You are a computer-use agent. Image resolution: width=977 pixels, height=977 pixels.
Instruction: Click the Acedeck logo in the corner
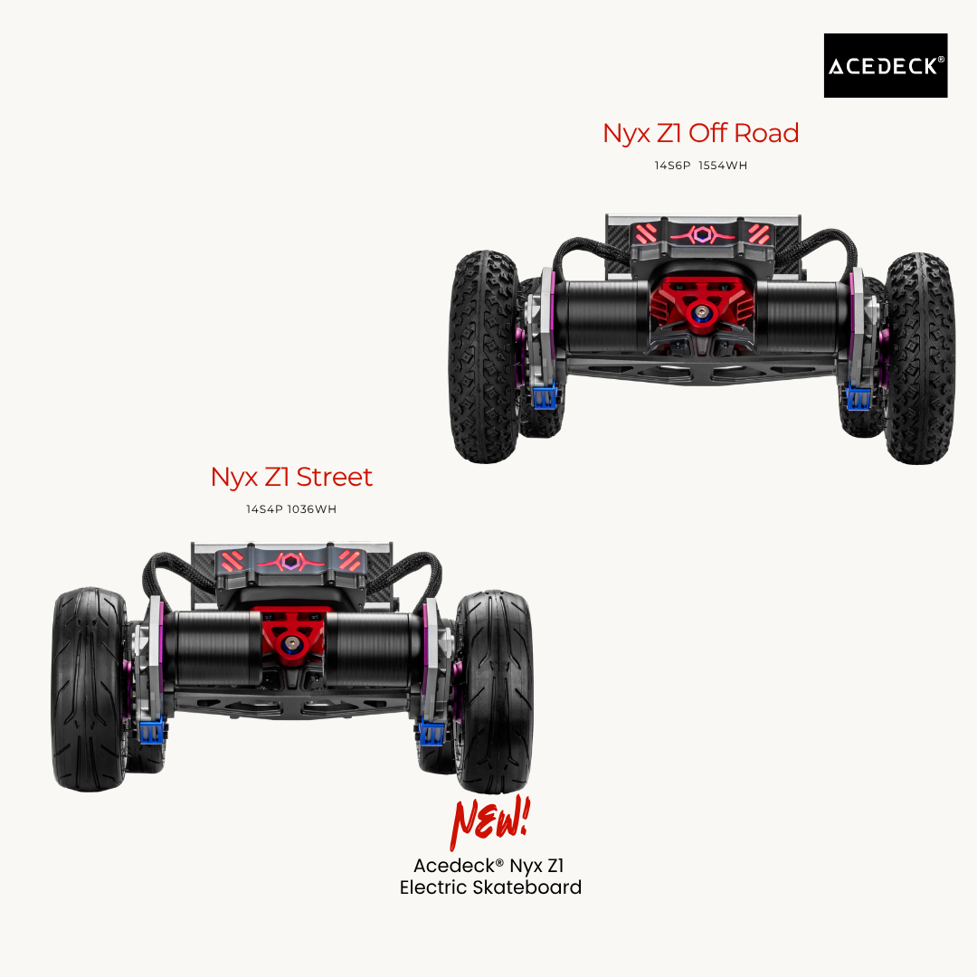coord(885,65)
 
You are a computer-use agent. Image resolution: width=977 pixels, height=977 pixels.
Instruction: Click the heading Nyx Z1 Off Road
coord(700,133)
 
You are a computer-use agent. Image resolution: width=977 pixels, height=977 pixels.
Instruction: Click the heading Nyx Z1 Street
coord(291,477)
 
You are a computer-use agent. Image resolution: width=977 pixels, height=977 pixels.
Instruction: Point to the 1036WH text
coord(312,509)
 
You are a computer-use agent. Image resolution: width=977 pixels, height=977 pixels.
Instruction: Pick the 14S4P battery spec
coord(264,509)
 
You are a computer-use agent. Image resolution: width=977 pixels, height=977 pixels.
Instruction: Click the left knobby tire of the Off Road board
coord(483,357)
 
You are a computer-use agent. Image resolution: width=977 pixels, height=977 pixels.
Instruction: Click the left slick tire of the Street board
coord(88,688)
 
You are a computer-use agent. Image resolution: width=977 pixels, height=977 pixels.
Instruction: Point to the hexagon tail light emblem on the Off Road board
coord(700,235)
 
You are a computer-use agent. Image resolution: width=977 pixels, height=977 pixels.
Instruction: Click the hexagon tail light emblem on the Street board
coord(292,561)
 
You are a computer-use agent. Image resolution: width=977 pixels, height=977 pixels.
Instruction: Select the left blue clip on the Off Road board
coord(545,396)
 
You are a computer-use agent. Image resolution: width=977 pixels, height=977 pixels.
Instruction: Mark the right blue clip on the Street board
coord(430,731)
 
